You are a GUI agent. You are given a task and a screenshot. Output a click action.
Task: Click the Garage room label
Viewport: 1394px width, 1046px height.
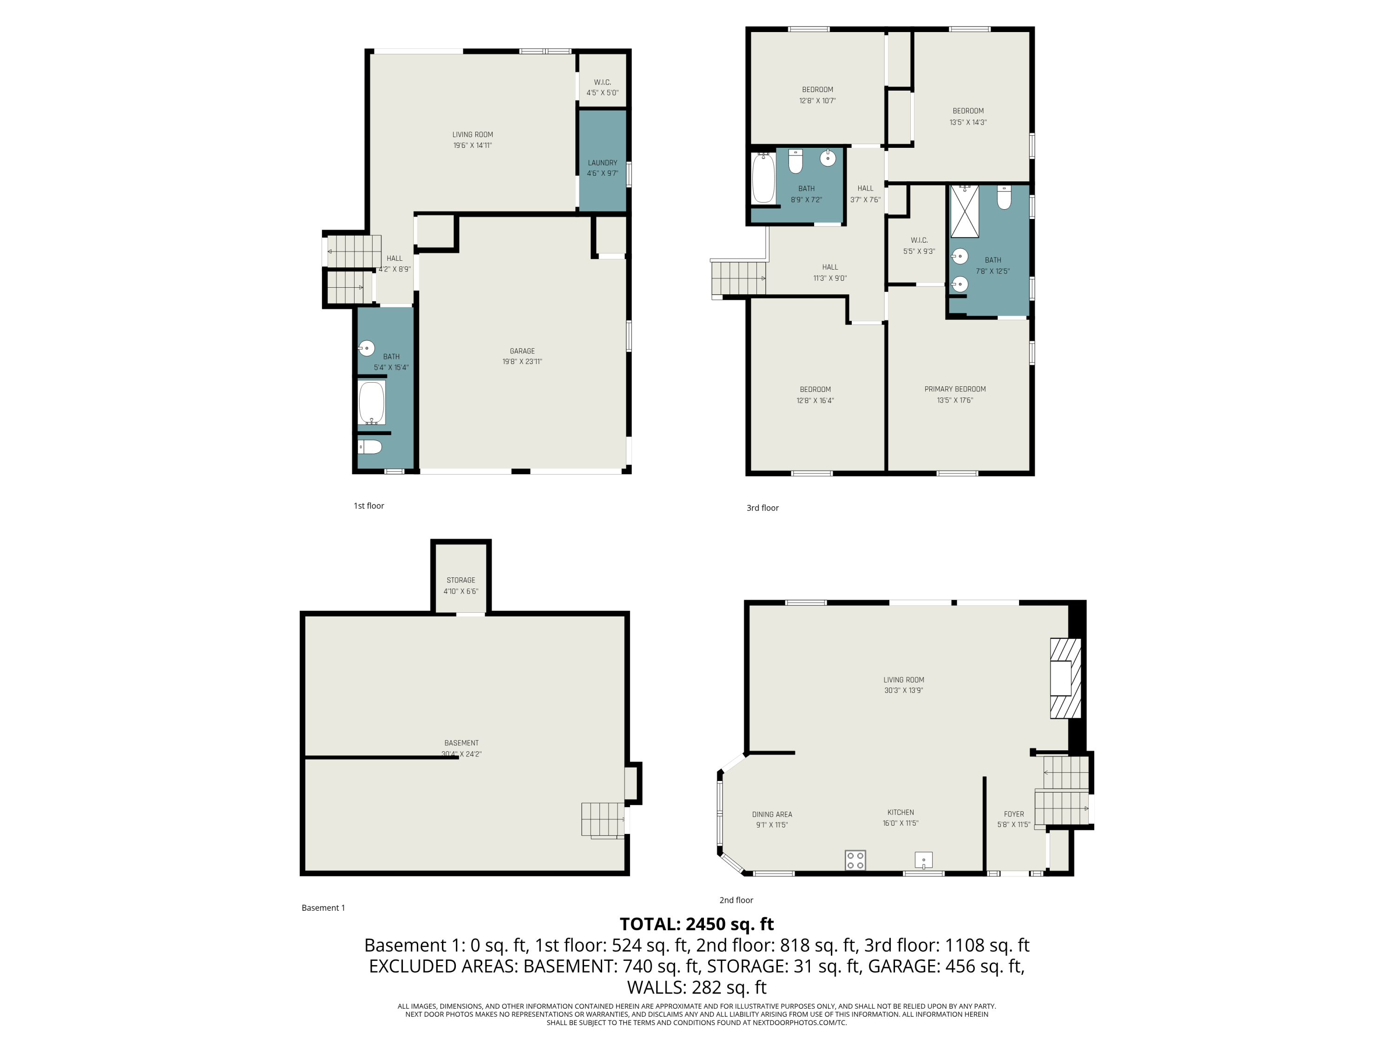(x=522, y=351)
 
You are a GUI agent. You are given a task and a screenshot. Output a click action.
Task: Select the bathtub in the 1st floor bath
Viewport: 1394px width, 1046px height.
(x=372, y=402)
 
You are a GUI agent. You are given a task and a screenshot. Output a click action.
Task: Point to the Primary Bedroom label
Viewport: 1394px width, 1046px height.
(x=955, y=389)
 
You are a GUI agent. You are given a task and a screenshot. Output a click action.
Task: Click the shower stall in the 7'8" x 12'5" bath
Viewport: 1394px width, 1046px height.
(x=964, y=211)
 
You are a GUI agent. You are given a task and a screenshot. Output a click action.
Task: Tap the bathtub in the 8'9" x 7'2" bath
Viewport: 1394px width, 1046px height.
(x=763, y=179)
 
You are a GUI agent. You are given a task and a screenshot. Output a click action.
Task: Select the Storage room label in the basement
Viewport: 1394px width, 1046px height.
(x=460, y=580)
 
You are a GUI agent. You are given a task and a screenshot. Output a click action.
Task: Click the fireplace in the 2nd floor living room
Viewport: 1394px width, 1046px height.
(x=1065, y=678)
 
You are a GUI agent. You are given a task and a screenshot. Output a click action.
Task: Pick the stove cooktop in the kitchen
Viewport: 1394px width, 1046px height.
(x=855, y=860)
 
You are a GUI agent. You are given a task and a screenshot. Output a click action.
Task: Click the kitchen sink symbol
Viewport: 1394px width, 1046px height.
(x=923, y=860)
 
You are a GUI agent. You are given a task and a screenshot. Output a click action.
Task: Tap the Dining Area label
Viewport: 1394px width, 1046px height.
(x=772, y=814)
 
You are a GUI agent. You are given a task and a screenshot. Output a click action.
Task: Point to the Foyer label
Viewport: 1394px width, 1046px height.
(x=1013, y=814)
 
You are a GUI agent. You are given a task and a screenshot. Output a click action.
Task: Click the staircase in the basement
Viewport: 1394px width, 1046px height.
(x=603, y=820)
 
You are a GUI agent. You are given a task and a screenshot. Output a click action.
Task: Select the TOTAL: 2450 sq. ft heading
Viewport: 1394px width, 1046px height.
(x=697, y=924)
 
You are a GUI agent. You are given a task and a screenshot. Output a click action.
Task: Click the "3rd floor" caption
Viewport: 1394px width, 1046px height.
(x=763, y=508)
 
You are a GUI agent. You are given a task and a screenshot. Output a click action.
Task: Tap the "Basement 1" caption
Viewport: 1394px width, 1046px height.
(x=323, y=908)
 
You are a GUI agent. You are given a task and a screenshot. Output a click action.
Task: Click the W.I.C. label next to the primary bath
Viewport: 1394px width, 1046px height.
(x=919, y=240)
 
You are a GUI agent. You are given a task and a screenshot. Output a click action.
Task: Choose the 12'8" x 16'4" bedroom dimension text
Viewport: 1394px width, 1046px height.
(x=815, y=400)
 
